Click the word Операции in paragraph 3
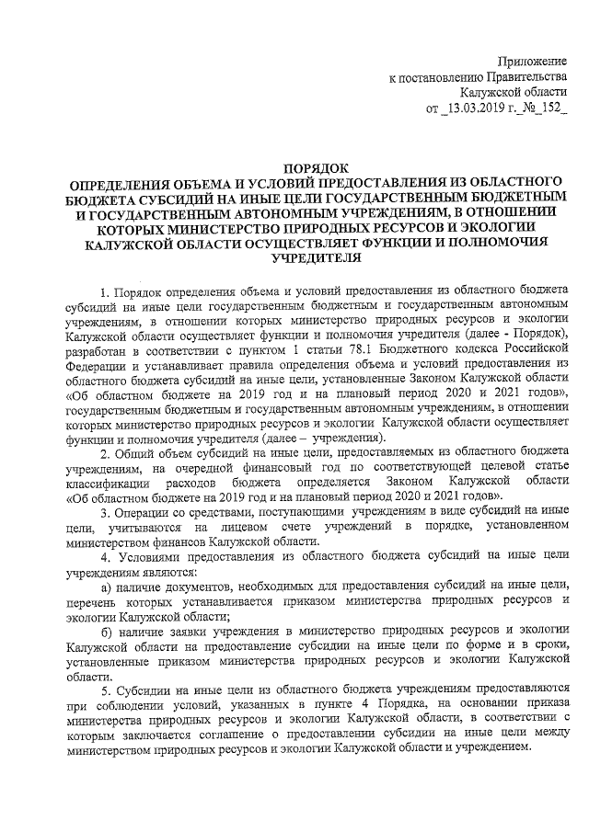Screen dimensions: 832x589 [142, 511]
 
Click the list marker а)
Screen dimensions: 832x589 [107, 585]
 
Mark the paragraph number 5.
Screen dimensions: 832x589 [105, 688]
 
